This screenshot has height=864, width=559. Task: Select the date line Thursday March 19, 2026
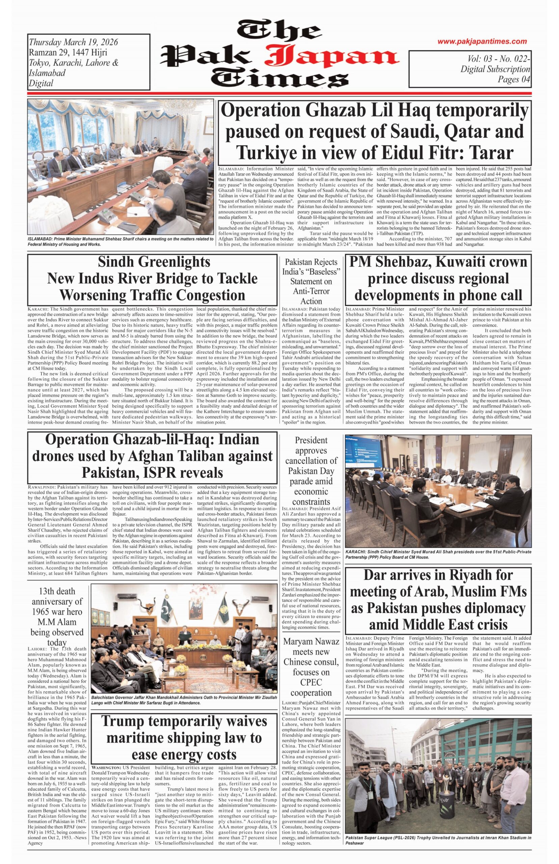tap(73, 42)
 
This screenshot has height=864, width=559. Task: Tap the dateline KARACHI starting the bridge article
tap(37, 309)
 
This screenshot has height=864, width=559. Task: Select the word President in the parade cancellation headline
tap(311, 440)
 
